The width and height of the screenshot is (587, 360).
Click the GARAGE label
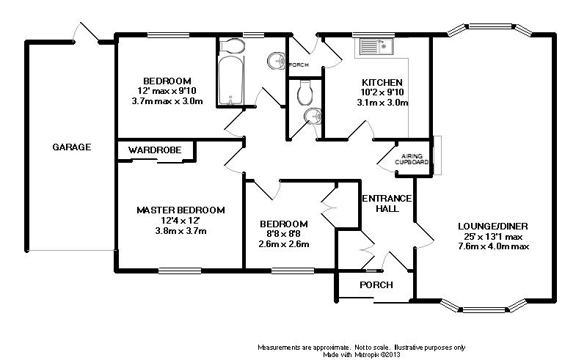tap(72, 147)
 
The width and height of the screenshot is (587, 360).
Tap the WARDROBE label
tap(155, 150)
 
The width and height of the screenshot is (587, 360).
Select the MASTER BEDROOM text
tap(181, 210)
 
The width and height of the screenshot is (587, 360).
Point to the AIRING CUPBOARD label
tap(412, 159)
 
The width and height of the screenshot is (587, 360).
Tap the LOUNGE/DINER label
tap(493, 226)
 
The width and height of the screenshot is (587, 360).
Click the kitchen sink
tap(376, 48)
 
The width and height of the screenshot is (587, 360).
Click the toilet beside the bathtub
tap(232, 45)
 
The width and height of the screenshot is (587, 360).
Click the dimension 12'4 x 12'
tap(181, 221)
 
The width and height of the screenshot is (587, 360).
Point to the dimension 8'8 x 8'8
tap(283, 234)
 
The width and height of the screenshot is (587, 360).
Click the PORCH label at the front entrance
tap(376, 284)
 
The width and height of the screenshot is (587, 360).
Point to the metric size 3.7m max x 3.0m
tap(167, 100)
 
